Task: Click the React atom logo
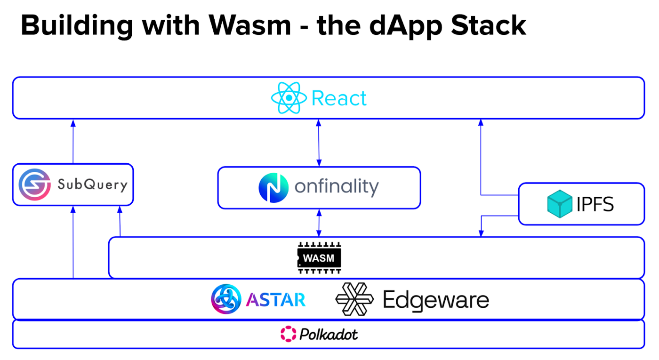tap(289, 98)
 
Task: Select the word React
tap(339, 98)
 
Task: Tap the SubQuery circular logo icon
tap(34, 184)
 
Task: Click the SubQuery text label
tap(92, 184)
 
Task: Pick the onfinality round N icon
tap(273, 187)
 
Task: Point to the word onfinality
tap(337, 187)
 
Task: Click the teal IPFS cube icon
tap(560, 204)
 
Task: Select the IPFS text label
tap(595, 204)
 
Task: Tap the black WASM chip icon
tap(319, 258)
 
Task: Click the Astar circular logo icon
tap(226, 299)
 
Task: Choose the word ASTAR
tap(276, 300)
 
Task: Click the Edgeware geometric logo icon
tap(354, 299)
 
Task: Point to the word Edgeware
tap(436, 300)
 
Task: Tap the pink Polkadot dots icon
tap(288, 334)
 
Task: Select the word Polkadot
tap(329, 334)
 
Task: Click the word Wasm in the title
tap(250, 26)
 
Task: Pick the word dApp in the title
tap(407, 26)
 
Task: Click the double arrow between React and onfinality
tap(319, 142)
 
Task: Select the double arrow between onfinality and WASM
tap(319, 223)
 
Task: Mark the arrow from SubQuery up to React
tap(73, 141)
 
